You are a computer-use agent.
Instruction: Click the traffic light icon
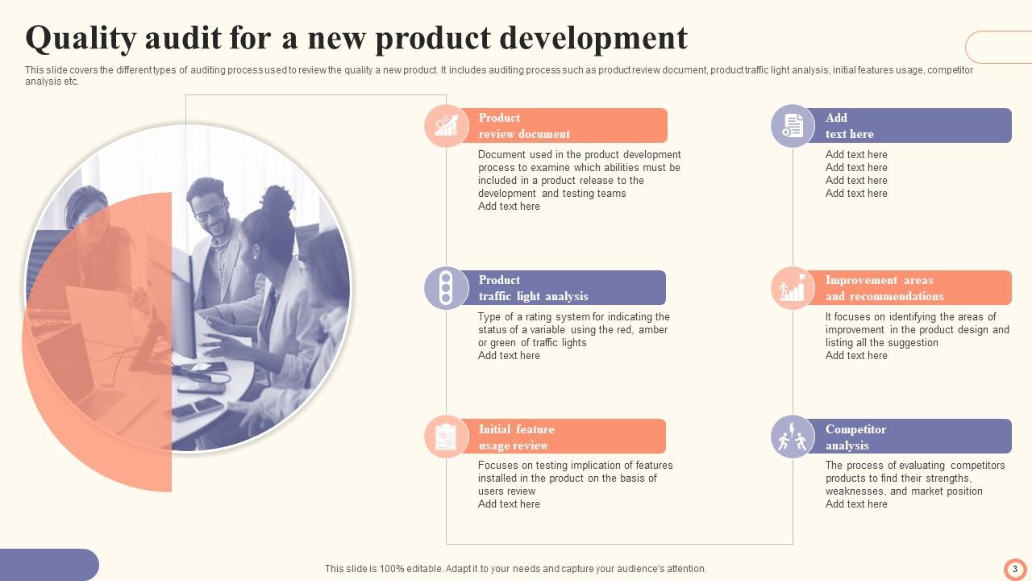(446, 288)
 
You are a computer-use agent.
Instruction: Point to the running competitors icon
(793, 437)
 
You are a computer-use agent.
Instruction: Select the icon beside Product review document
(446, 126)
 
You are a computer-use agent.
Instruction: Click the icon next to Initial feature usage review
(446, 437)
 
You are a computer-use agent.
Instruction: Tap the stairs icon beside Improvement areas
(793, 288)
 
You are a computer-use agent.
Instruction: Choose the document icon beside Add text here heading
(793, 126)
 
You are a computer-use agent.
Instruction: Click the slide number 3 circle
(1015, 569)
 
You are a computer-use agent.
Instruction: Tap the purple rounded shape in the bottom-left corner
(48, 565)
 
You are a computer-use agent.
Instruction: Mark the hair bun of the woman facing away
(277, 199)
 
